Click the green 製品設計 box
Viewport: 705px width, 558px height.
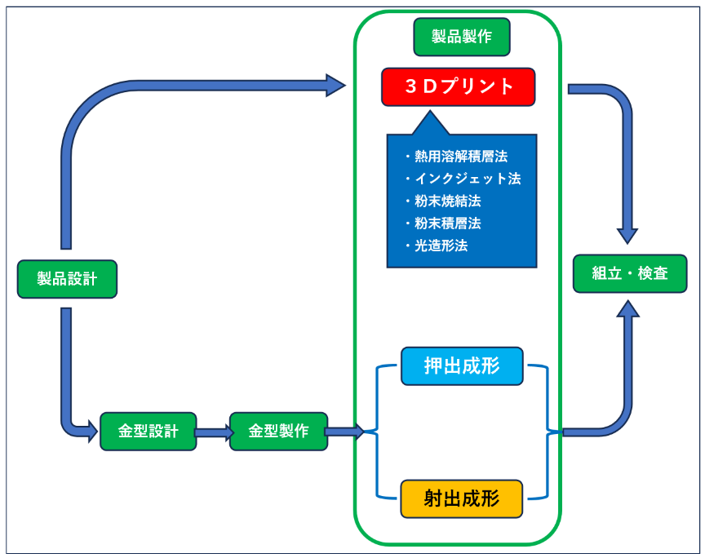(67, 279)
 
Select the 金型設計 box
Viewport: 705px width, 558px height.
(148, 431)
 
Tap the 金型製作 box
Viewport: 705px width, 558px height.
(278, 431)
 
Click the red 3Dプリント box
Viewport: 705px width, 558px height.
(458, 86)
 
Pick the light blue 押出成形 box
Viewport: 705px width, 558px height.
(461, 366)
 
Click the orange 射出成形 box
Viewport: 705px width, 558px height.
(461, 498)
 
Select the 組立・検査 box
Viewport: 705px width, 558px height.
(629, 273)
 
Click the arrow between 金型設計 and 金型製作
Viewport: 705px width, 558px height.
(213, 432)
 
